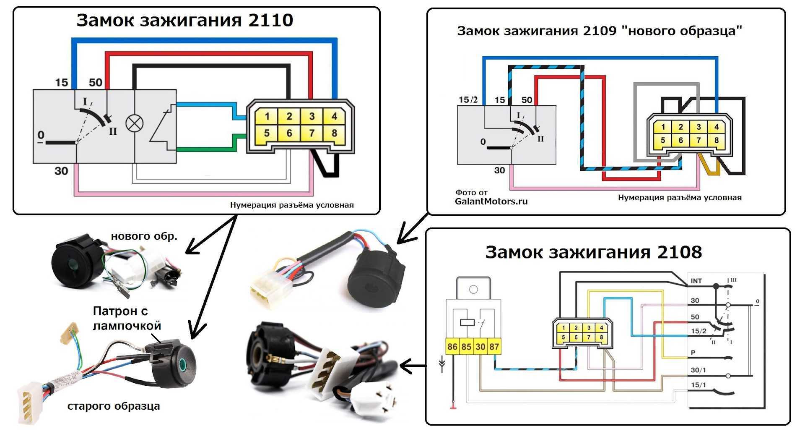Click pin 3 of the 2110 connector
point(312,116)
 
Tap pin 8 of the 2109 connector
point(716,140)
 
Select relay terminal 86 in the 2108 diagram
point(452,347)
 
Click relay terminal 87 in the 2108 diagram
point(494,347)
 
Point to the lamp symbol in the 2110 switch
point(134,123)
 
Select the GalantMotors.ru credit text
point(491,201)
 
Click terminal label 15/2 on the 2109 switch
point(468,100)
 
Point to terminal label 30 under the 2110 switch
point(61,171)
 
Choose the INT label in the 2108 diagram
point(696,281)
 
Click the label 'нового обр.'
point(144,236)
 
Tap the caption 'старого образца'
point(114,406)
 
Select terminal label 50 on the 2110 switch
point(96,82)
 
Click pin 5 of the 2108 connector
point(563,337)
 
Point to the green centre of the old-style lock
point(182,363)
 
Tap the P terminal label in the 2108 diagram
point(693,353)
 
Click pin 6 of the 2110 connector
point(289,133)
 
